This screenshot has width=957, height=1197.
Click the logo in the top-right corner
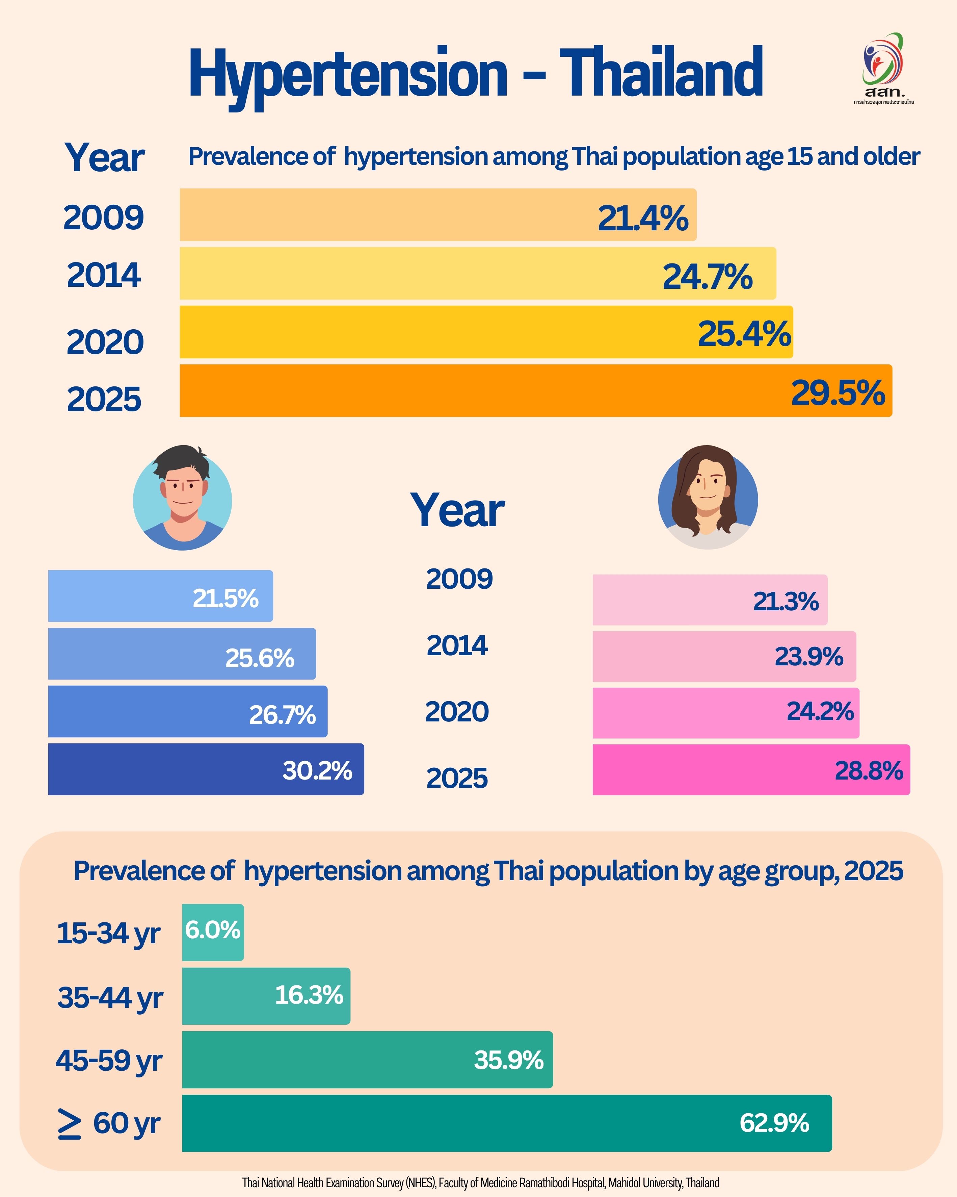(883, 68)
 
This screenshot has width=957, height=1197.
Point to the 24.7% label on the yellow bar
(707, 277)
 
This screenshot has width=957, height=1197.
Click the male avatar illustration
(182, 498)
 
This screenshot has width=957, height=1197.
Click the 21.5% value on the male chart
(225, 598)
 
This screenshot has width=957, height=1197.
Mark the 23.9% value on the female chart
(808, 656)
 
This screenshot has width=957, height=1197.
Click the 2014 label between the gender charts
(457, 645)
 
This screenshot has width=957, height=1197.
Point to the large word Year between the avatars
(457, 510)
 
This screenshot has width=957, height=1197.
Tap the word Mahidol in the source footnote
(624, 1182)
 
